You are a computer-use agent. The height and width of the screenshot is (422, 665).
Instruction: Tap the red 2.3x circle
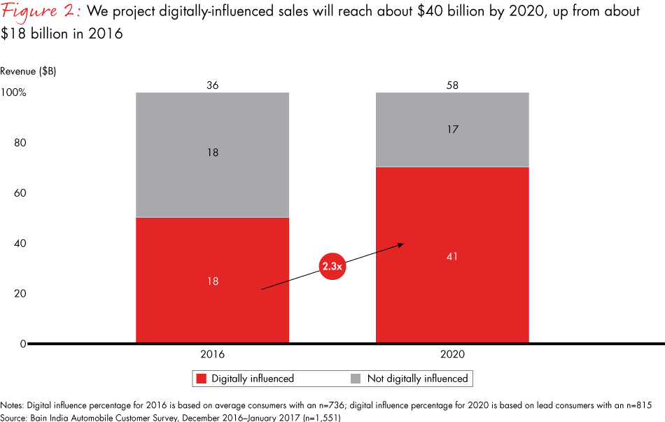(333, 267)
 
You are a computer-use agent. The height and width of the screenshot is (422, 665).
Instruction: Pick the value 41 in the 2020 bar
(452, 256)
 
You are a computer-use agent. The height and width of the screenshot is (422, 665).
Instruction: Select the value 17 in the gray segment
(452, 129)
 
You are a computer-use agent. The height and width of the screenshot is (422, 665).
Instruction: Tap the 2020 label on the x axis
(452, 355)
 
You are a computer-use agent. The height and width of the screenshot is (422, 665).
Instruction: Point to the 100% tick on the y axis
(13, 92)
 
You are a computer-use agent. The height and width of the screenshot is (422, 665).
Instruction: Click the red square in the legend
(202, 379)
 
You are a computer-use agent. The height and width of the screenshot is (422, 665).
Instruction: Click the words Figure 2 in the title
(40, 13)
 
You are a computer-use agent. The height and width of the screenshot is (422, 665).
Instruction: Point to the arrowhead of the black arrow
(402, 244)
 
